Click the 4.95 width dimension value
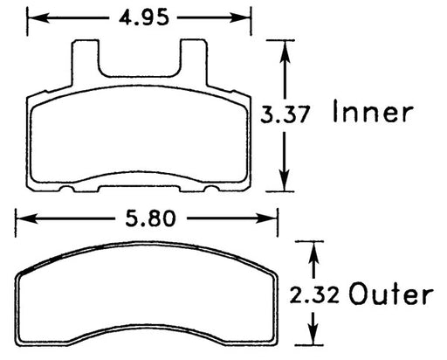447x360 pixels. point(138,15)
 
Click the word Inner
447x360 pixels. point(372,114)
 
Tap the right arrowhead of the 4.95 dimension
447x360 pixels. point(246,16)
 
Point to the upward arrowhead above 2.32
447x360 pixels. point(312,247)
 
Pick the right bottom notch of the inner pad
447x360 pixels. point(209,188)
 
